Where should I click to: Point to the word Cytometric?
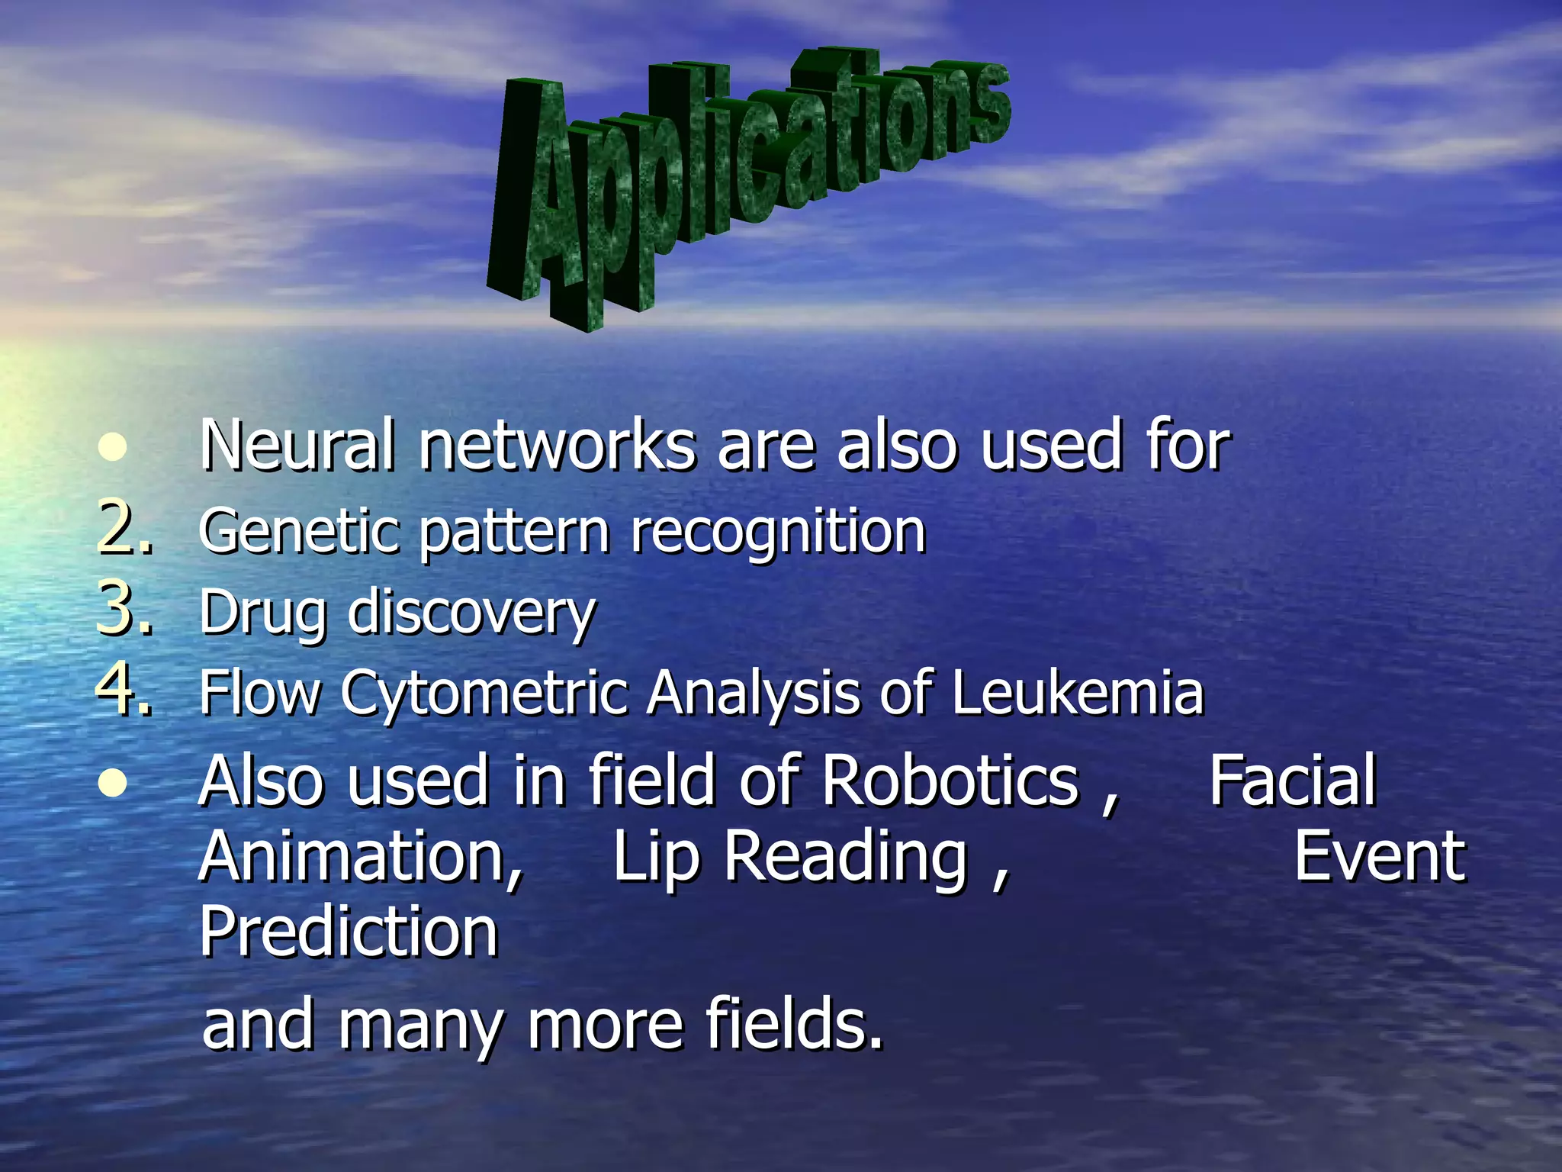pos(485,694)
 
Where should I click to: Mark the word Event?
pos(1379,857)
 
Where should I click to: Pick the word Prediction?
pos(349,932)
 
